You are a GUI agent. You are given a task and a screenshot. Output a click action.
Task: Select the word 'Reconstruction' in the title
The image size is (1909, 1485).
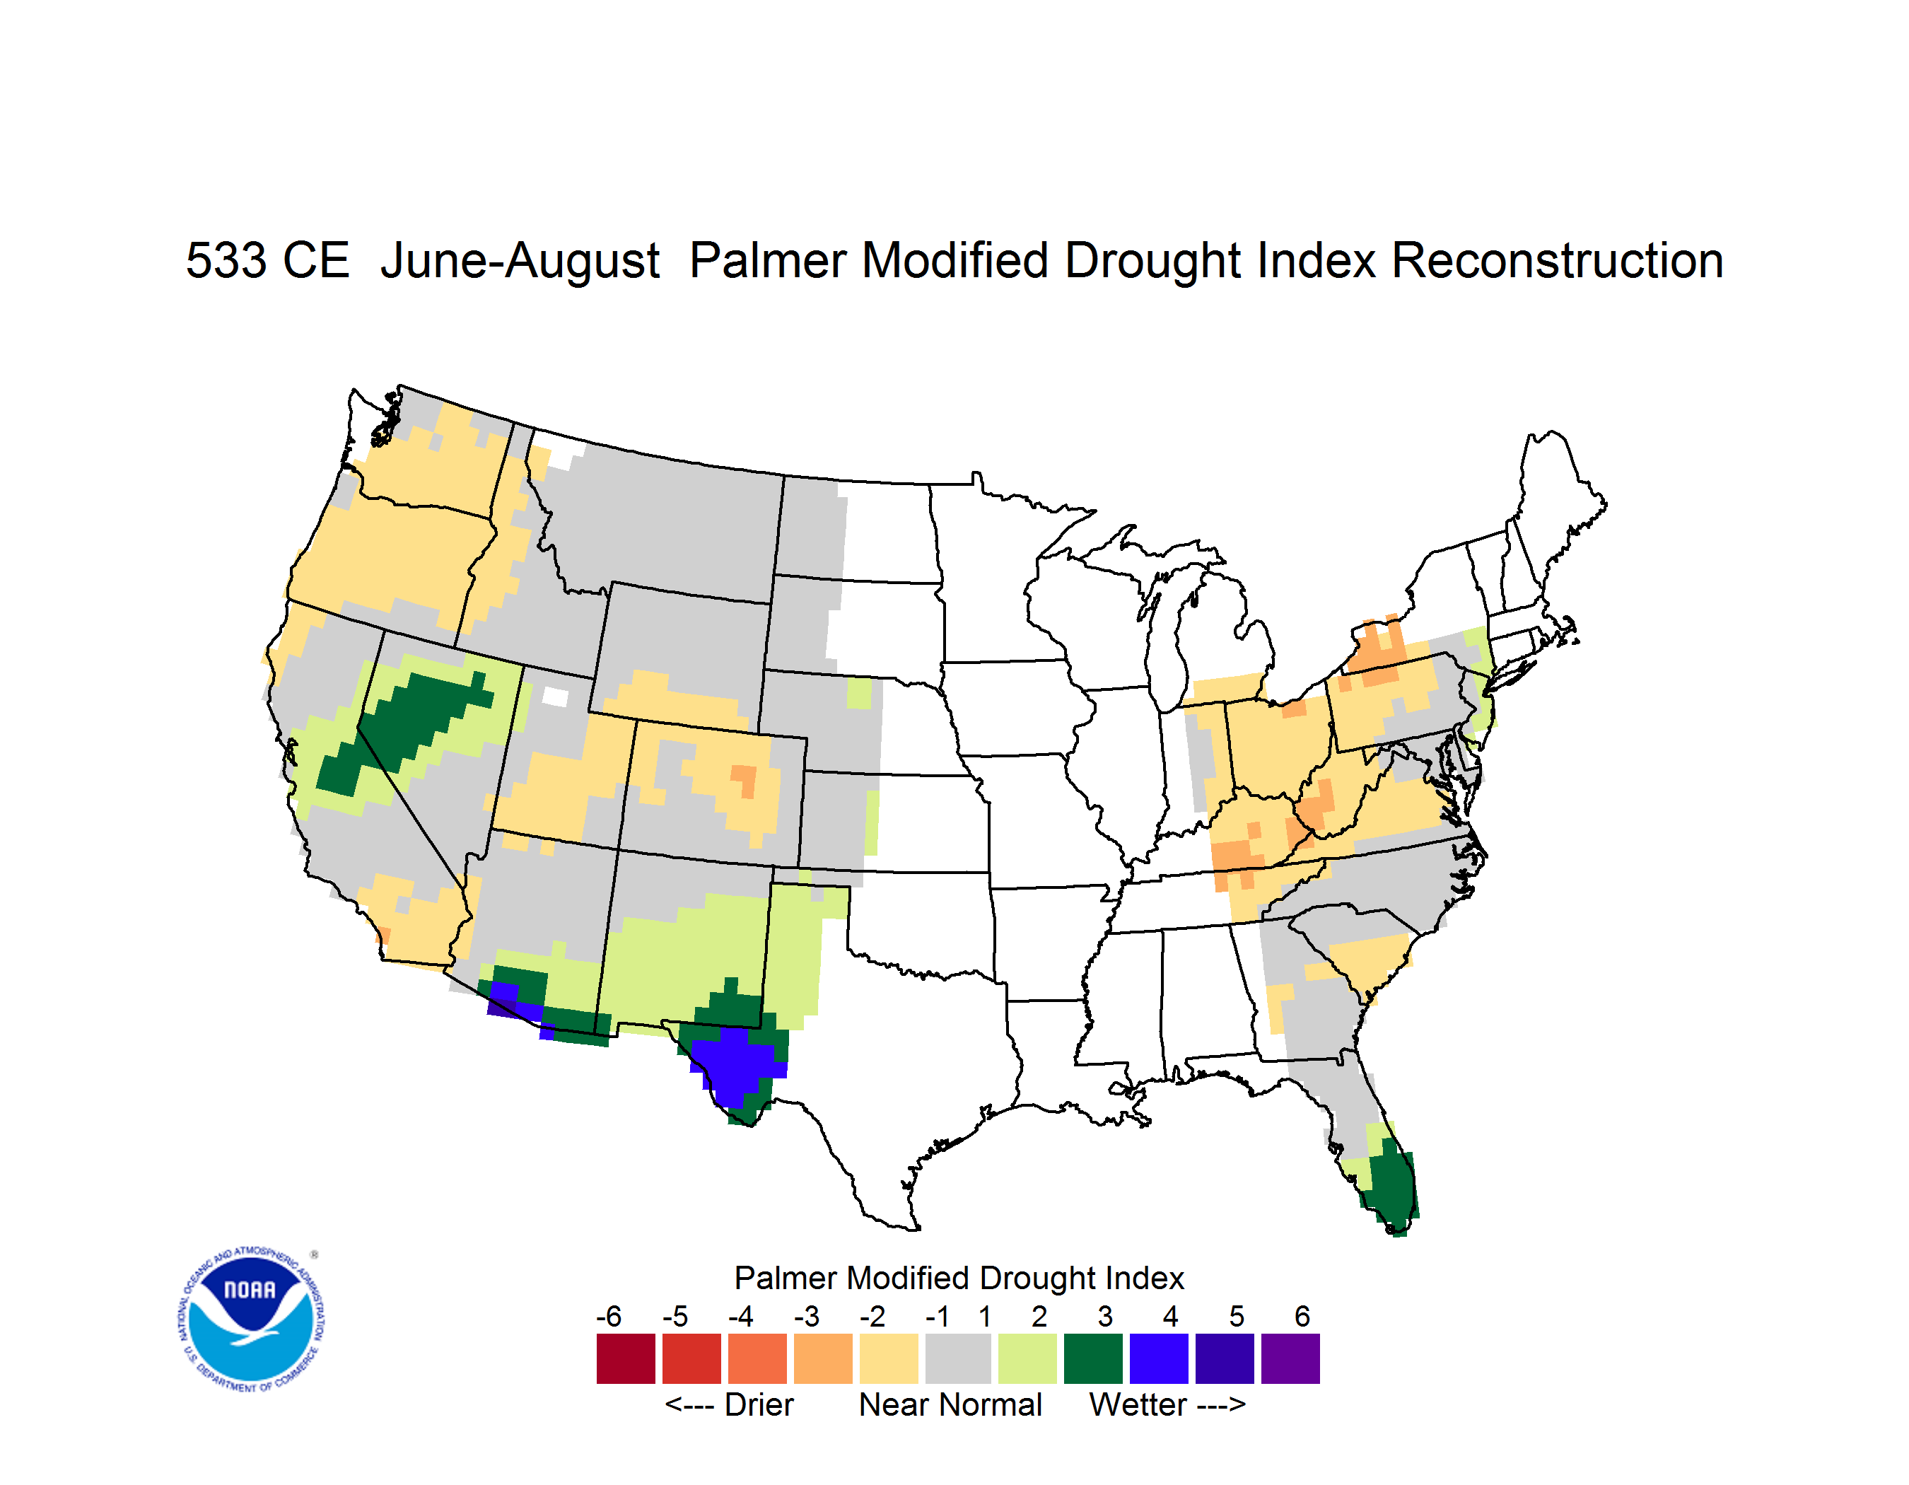point(1557,260)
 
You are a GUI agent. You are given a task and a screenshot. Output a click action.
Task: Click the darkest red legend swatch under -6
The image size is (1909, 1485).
point(626,1358)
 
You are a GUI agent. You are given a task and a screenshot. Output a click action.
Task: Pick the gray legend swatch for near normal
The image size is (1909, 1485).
point(958,1358)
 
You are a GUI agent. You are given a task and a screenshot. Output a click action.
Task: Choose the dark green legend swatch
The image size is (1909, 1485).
point(1092,1358)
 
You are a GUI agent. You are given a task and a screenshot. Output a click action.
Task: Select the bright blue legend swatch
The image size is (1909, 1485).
point(1159,1358)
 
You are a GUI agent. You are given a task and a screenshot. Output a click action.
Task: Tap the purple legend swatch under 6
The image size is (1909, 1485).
point(1290,1358)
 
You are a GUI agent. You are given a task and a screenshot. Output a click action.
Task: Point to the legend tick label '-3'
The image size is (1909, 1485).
point(806,1316)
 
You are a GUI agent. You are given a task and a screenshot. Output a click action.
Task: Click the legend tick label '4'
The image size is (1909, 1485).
point(1170,1316)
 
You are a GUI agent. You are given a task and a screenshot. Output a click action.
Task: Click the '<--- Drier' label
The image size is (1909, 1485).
point(729,1404)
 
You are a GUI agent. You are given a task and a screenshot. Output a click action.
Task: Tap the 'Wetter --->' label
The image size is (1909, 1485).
point(1167,1404)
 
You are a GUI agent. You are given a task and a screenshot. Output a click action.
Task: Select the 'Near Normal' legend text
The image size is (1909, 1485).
point(950,1404)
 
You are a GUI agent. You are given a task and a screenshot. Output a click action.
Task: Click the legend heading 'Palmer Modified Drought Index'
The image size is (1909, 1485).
point(959,1278)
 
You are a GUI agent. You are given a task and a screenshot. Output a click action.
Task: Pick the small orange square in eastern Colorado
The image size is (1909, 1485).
point(744,780)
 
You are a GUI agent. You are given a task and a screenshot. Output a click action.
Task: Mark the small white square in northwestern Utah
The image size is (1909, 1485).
point(555,697)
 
